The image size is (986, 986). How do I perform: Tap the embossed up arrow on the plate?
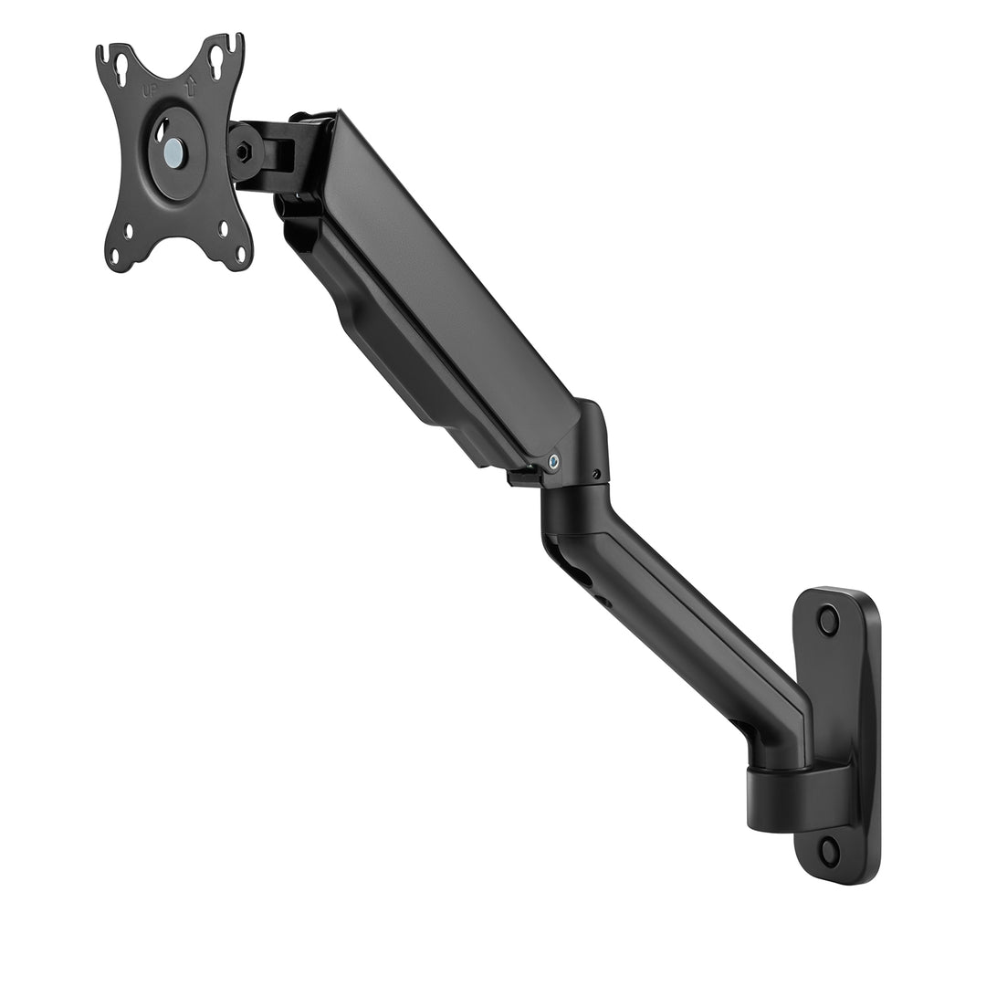[191, 88]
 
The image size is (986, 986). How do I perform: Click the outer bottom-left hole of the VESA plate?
[115, 255]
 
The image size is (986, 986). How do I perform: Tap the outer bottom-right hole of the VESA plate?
[241, 253]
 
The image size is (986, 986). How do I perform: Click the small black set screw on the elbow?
[595, 475]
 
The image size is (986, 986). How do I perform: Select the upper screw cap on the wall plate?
[828, 621]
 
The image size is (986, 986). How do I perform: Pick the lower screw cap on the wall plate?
[829, 851]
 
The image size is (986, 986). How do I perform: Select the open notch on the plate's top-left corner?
[103, 51]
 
